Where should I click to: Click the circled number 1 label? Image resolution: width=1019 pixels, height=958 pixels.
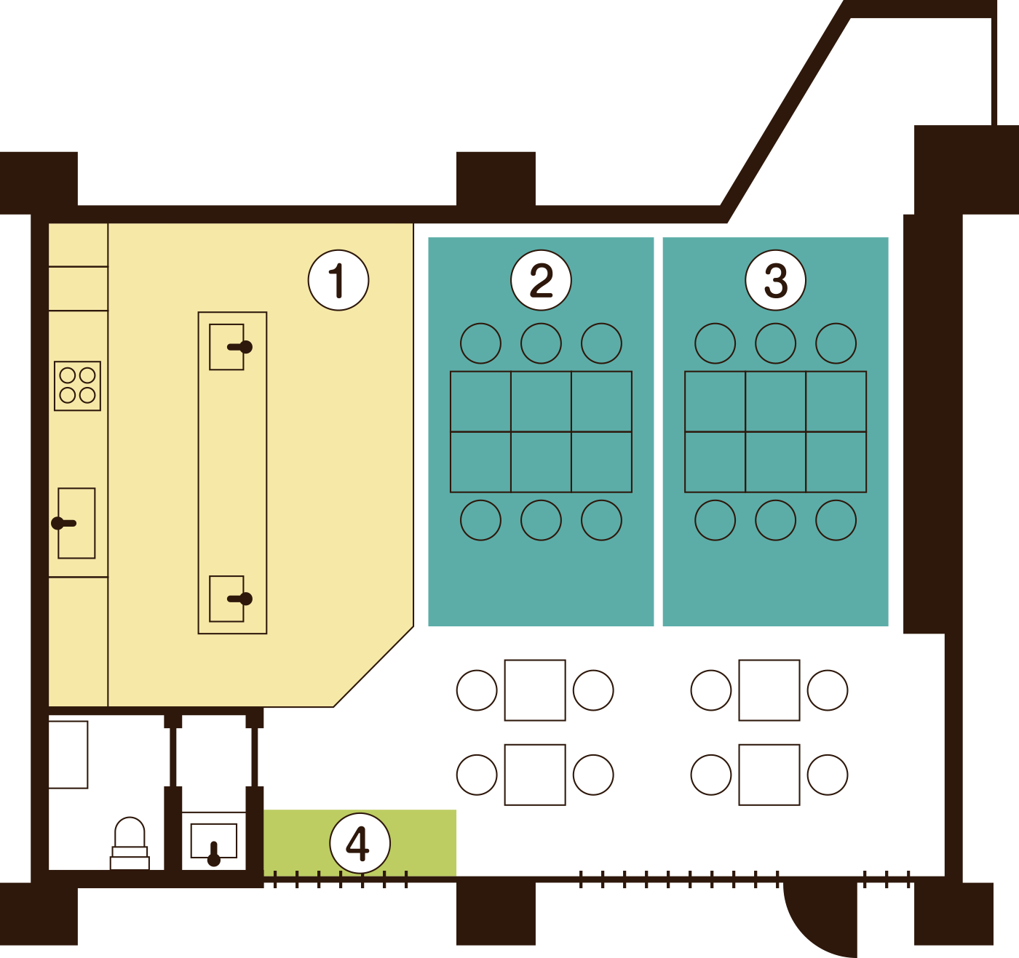(338, 280)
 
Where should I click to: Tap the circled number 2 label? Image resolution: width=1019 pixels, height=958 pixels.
(541, 280)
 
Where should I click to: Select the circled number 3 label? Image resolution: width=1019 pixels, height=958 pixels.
(775, 280)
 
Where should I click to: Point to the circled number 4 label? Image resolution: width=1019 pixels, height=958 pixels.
(360, 843)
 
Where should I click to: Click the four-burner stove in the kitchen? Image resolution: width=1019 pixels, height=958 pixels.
(77, 386)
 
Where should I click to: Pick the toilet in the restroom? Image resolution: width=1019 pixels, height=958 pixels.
(130, 844)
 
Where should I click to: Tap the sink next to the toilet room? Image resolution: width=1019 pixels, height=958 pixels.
(214, 841)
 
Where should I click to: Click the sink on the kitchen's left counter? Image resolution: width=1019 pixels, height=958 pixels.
(76, 523)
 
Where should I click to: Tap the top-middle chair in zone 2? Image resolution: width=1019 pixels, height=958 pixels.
(541, 343)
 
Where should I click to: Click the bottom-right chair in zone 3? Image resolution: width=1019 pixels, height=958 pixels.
(836, 520)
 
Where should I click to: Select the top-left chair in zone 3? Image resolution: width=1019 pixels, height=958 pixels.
(715, 343)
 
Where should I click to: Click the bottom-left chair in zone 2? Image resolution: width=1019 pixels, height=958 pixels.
(480, 520)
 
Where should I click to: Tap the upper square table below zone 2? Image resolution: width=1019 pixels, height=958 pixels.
(535, 690)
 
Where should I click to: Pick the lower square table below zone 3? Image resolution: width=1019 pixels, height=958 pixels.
(769, 775)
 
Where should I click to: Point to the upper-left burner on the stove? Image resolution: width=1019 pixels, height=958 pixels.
(68, 375)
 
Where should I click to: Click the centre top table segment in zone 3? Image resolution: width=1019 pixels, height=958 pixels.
(775, 402)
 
